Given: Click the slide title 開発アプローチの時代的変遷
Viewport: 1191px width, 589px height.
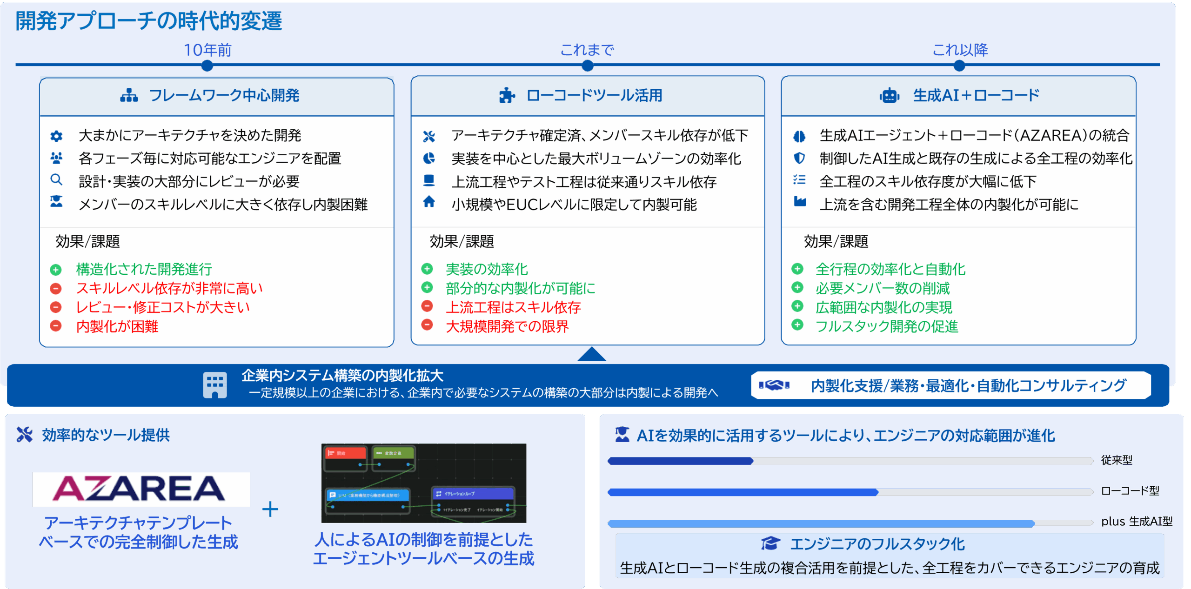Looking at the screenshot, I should pos(148,21).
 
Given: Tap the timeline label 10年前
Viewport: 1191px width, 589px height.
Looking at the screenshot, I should pos(207,50).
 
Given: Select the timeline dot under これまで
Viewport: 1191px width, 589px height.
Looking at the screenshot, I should pos(588,66).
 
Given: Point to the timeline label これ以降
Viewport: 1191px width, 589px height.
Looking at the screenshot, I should pos(960,50).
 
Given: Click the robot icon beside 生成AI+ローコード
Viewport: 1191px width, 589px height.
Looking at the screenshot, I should pos(889,96).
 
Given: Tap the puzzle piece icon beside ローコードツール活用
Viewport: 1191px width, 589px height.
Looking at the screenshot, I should pos(507,96).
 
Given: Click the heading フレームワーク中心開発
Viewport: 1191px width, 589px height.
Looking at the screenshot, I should pos(224,95).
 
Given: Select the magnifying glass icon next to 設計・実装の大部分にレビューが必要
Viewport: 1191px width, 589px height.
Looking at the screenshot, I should pos(56,180).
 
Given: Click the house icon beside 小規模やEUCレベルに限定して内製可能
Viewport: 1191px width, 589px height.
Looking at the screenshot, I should pos(429,202).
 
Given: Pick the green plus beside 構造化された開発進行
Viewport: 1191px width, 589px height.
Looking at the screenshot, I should pos(56,270).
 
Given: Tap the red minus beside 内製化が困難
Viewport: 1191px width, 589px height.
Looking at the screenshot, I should pos(56,326).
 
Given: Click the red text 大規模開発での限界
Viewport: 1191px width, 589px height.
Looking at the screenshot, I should pos(507,326).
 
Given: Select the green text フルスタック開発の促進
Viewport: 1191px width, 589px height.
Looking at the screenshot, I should pos(887,326).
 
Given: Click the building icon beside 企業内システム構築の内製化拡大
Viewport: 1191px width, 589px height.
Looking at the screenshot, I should pos(215,385).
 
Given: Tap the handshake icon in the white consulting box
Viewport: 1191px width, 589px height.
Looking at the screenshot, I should pos(774,385).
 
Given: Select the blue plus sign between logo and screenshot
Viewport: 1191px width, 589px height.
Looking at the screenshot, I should pos(270,510).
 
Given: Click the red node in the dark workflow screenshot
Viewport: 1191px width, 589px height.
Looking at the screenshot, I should pos(346,452).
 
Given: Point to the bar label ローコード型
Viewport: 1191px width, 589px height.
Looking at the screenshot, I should pos(1130,491).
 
